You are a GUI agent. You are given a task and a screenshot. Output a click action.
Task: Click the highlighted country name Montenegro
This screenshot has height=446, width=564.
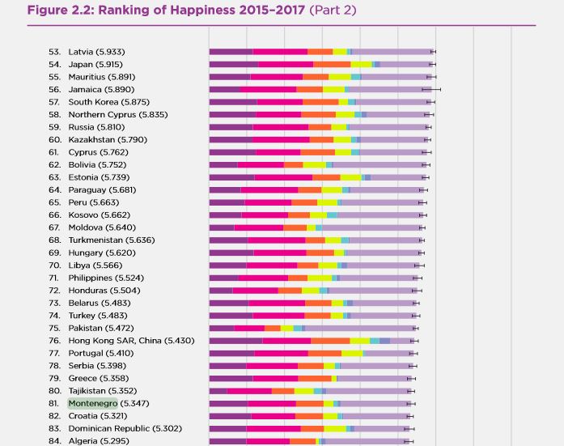click(x=92, y=403)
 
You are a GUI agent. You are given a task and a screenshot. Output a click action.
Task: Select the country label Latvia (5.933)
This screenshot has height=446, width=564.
click(x=96, y=52)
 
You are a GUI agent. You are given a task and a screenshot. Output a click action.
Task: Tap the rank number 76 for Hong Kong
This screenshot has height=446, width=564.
click(x=54, y=341)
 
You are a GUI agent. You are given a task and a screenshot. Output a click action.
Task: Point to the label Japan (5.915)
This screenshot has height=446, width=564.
click(x=95, y=64)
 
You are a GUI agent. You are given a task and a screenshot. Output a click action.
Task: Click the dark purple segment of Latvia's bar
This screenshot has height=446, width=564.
click(x=231, y=52)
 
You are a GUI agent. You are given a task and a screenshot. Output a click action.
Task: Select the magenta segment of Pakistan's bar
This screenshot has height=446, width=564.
click(x=249, y=328)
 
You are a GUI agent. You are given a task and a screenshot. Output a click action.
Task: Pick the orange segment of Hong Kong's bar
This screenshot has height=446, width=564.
click(x=330, y=341)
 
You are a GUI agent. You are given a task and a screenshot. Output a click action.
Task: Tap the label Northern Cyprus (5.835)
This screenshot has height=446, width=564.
click(x=117, y=114)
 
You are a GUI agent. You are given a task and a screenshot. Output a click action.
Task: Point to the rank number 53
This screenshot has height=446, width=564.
click(x=54, y=52)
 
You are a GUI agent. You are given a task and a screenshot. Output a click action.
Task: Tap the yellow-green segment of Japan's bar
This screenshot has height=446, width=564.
click(x=361, y=64)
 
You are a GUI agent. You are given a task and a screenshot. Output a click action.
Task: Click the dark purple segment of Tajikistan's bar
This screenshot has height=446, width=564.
click(x=218, y=391)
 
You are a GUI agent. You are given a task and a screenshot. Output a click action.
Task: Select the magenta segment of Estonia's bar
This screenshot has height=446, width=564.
click(x=283, y=177)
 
